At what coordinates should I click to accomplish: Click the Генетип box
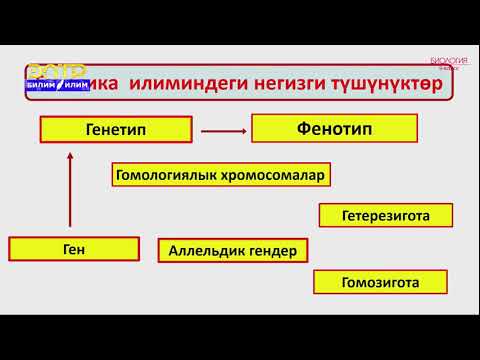[115, 130]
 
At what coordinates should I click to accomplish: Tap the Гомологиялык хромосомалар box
[221, 176]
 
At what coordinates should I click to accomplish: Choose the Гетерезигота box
[385, 215]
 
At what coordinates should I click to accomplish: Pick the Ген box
[73, 249]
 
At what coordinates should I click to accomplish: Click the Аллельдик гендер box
[232, 251]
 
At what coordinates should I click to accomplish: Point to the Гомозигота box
[379, 282]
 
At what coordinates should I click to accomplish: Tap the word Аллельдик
[207, 251]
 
